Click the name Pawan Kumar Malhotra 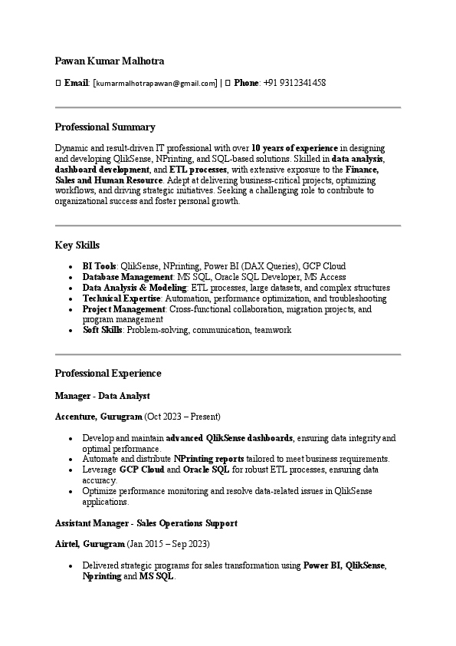click(110, 61)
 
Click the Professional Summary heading click(105, 127)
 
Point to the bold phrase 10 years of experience click(294, 147)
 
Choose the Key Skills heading click(77, 245)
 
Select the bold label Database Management click(128, 277)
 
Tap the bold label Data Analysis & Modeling click(134, 288)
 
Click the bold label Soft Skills click(103, 330)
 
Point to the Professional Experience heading click(108, 373)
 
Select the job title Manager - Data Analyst click(102, 396)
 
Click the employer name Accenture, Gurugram click(99, 417)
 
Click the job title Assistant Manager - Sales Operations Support click(146, 523)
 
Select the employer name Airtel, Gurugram click(90, 544)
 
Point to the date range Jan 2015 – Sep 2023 click(167, 544)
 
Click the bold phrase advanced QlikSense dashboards click(229, 438)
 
